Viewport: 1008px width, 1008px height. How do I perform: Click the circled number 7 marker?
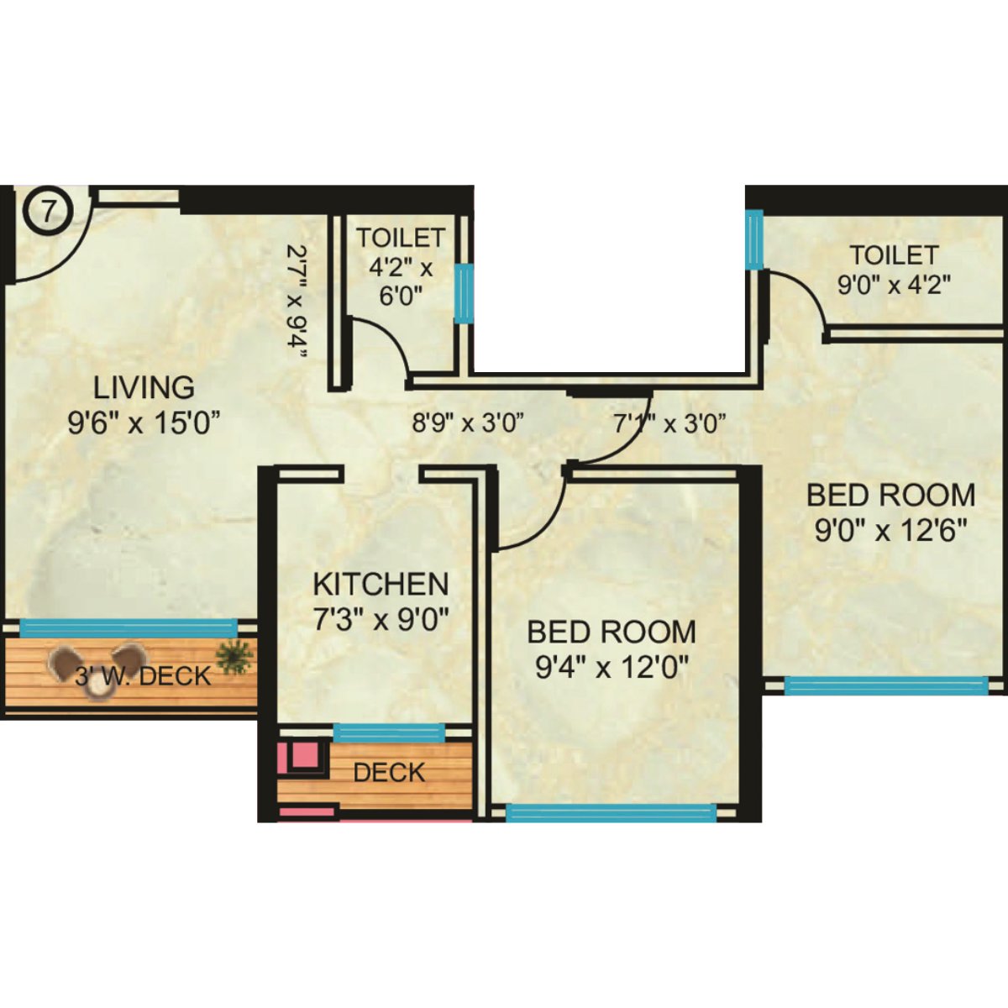point(48,211)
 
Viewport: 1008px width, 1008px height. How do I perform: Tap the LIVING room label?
point(144,388)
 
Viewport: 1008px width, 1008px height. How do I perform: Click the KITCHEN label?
point(381,584)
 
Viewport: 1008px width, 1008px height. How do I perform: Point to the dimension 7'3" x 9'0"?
point(381,620)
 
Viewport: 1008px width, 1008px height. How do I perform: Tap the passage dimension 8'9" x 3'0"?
point(468,423)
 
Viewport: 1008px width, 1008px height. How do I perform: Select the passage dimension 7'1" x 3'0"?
point(669,423)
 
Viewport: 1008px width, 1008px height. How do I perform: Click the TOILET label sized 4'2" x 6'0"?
point(400,239)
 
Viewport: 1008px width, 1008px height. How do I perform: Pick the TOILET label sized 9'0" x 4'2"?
point(893,255)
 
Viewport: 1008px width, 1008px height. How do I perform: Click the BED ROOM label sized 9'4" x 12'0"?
point(612,632)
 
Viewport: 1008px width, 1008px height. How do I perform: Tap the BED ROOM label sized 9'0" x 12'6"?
point(890,495)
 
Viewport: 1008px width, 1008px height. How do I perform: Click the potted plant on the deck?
point(234,654)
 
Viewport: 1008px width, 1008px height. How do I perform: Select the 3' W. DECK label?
point(144,675)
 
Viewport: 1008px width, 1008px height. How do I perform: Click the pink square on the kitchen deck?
point(301,754)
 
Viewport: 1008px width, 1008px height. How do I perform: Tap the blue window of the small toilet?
point(463,293)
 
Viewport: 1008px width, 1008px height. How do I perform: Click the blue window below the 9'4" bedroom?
point(612,812)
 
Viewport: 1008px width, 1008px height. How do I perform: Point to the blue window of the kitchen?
point(389,732)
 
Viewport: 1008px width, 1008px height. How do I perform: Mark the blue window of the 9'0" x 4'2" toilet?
point(753,239)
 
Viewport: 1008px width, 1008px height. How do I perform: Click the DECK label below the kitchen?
point(389,773)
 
